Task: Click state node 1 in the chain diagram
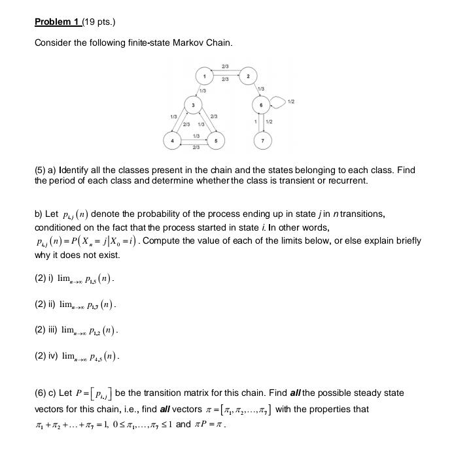205,77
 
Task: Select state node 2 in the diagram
248,77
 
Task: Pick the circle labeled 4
173,140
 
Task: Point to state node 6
262,105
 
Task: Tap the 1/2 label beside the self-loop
291,101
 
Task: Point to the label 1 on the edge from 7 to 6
255,122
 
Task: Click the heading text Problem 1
57,22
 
